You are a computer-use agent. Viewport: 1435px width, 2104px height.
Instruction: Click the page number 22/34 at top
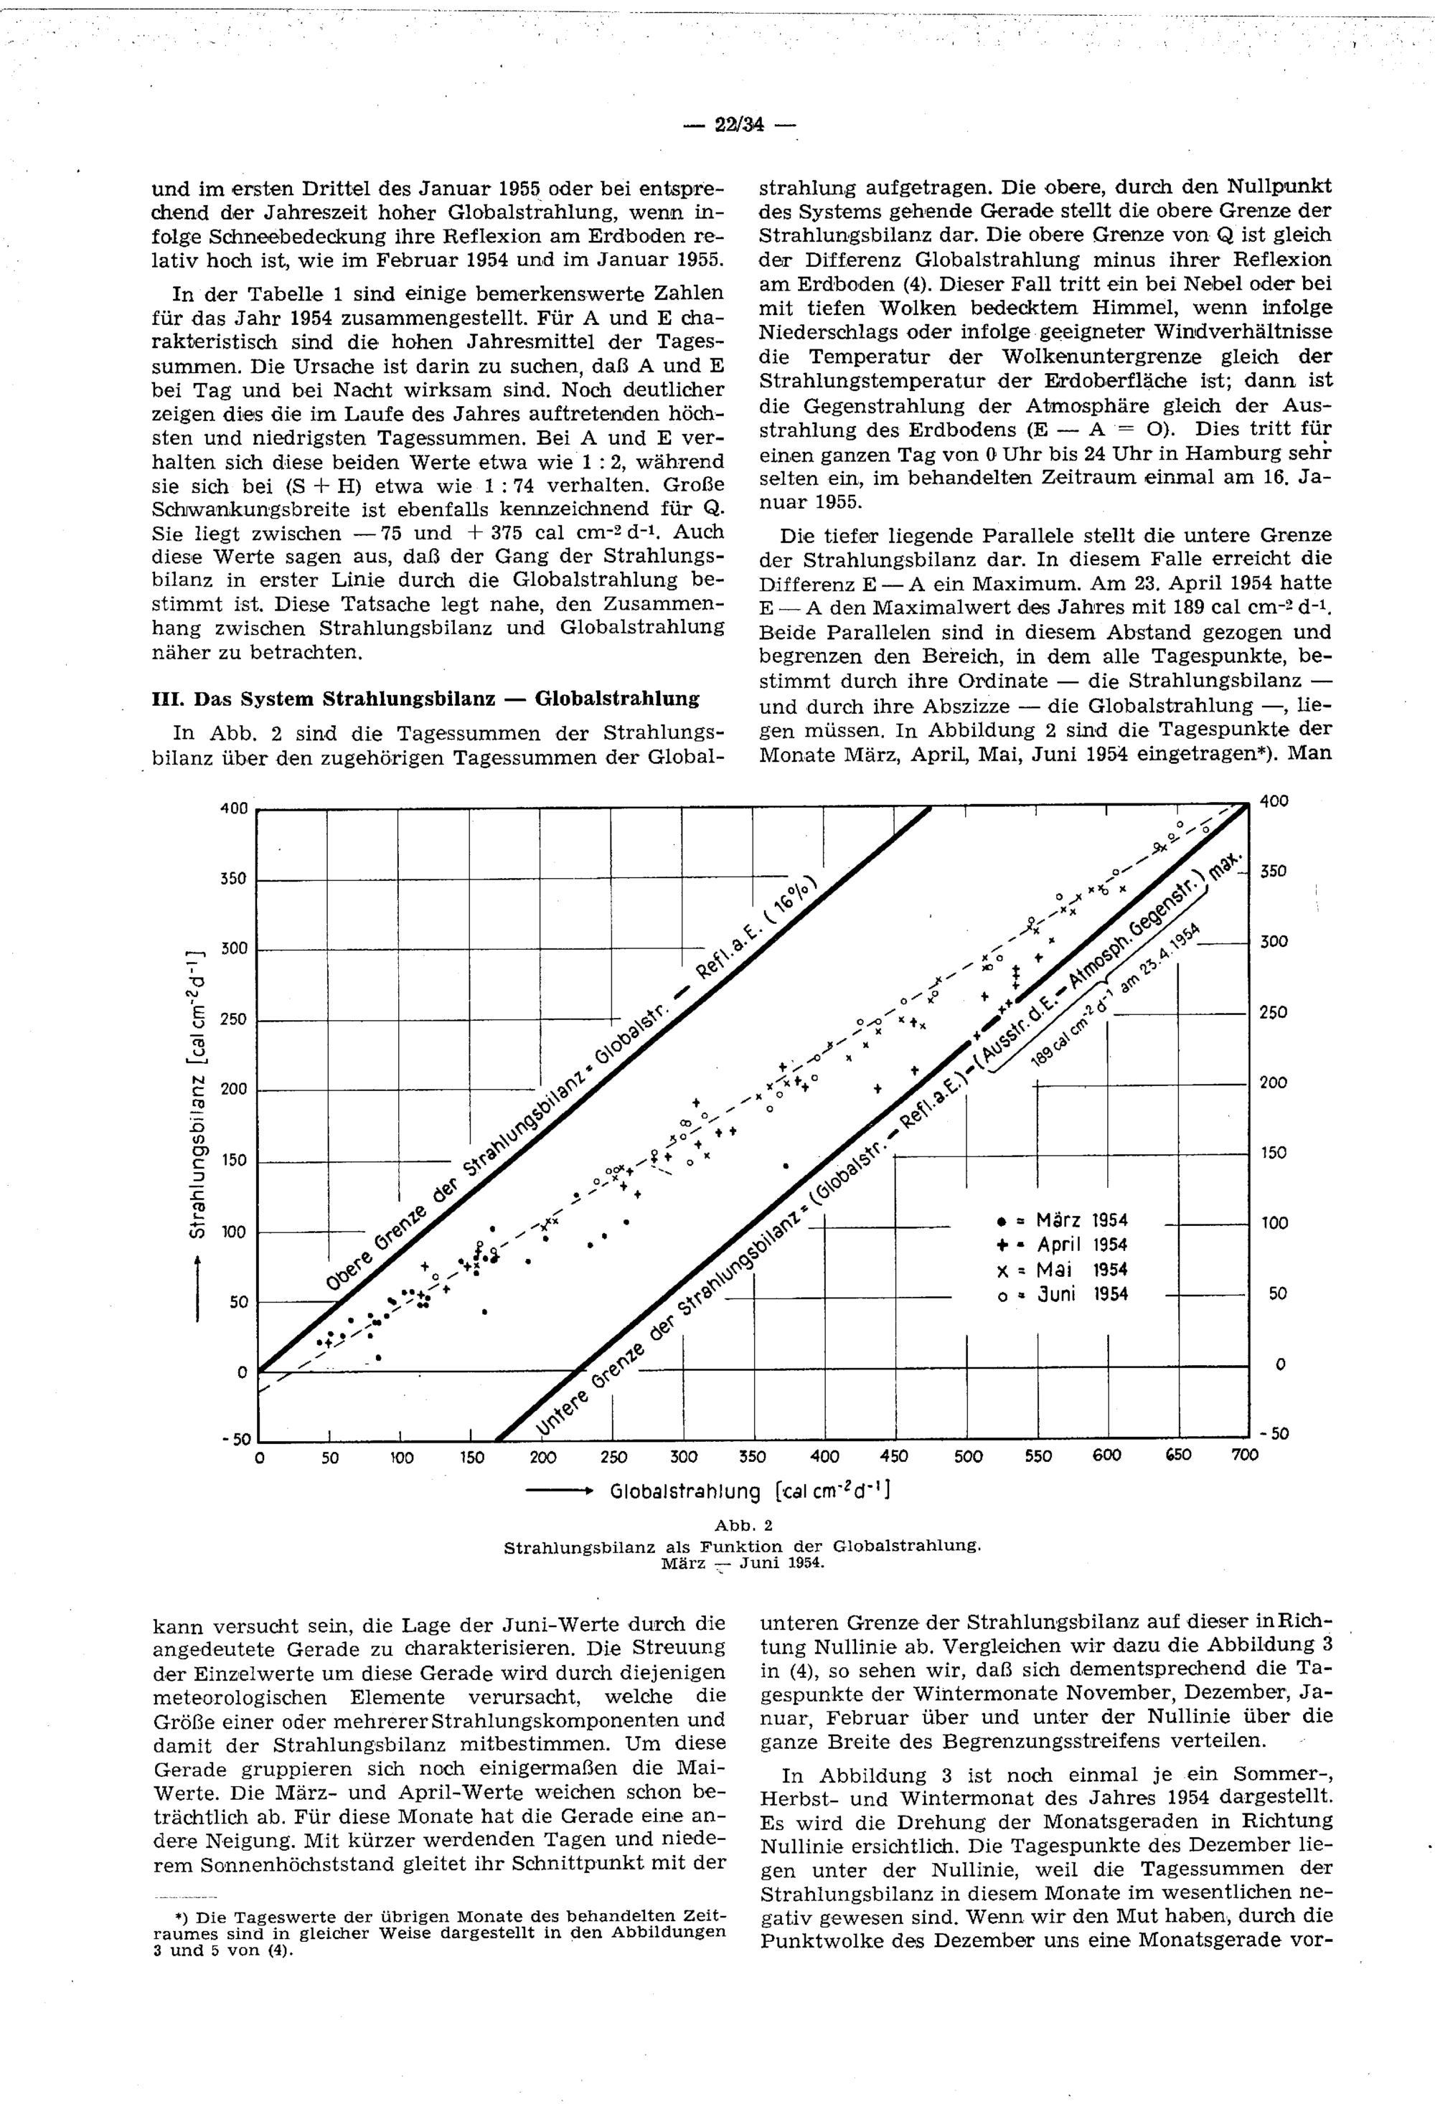[739, 125]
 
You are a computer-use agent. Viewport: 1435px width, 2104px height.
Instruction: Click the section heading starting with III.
[425, 699]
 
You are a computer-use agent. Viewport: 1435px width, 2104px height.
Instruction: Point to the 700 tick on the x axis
[1245, 1456]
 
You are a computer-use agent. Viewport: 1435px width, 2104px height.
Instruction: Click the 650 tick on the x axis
[1177, 1455]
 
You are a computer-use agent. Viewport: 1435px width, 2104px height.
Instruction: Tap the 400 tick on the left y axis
[234, 808]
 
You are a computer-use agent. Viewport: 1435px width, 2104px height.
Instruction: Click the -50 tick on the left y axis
[234, 1440]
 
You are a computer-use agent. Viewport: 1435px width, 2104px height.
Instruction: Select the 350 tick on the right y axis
[1273, 871]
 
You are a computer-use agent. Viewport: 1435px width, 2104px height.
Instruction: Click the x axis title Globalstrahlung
[685, 1492]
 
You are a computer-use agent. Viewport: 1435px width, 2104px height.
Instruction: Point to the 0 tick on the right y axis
[1279, 1364]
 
